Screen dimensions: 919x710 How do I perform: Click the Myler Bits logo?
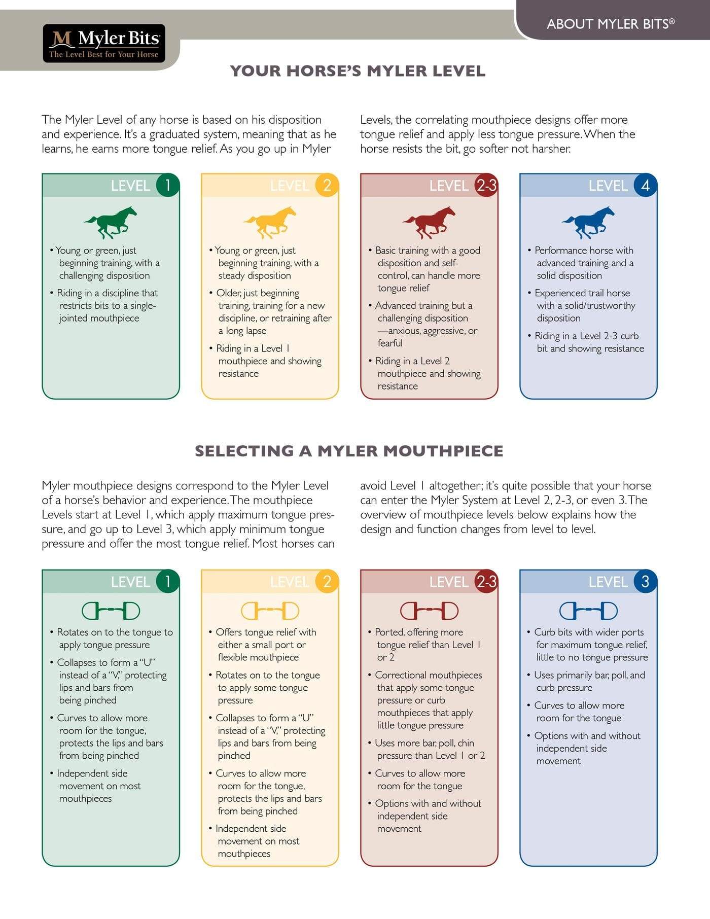pos(104,44)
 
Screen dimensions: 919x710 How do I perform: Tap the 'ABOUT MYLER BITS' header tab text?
pos(610,24)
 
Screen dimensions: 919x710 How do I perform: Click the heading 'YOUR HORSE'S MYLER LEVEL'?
pos(358,71)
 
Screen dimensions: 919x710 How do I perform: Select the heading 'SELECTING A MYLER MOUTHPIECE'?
pos(349,451)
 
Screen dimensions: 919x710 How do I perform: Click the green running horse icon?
pos(111,222)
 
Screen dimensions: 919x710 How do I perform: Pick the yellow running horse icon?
pos(270,222)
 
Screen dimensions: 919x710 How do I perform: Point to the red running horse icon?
pos(429,222)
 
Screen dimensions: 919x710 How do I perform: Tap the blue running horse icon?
pos(588,222)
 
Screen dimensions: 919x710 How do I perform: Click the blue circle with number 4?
pos(645,185)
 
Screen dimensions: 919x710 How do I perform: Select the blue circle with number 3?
pos(645,581)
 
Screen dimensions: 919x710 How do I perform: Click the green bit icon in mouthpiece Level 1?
pos(111,611)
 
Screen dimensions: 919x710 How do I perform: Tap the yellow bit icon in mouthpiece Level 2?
pos(270,611)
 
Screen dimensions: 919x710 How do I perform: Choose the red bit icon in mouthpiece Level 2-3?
pos(429,611)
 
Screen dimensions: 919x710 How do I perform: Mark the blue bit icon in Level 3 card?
pos(588,611)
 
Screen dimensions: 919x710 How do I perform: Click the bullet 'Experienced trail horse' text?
pos(582,293)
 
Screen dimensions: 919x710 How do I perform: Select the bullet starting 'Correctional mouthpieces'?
pos(428,675)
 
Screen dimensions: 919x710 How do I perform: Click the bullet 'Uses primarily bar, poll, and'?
pos(589,675)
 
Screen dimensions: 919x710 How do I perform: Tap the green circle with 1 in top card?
pos(167,185)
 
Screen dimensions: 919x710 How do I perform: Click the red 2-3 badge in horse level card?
pos(486,185)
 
